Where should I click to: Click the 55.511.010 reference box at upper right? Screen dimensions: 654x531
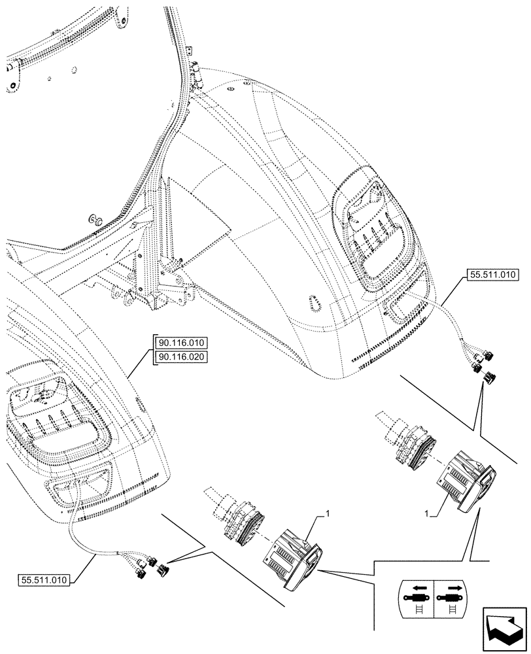(x=492, y=276)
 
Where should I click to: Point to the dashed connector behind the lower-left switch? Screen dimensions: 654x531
(x=235, y=516)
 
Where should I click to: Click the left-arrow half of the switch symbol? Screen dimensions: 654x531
(x=415, y=598)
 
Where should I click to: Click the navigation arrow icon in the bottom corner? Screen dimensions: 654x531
(x=504, y=628)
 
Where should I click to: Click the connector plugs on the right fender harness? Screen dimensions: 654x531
(x=485, y=366)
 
